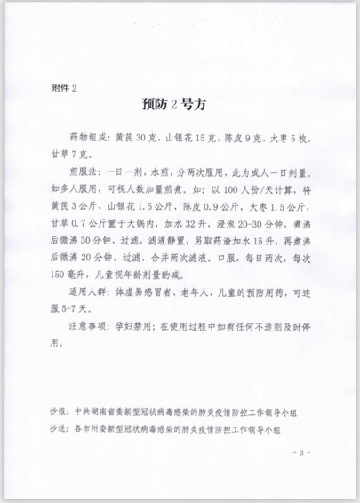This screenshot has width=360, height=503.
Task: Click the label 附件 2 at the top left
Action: [66, 86]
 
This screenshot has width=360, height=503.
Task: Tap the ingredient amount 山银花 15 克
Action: [200, 138]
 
